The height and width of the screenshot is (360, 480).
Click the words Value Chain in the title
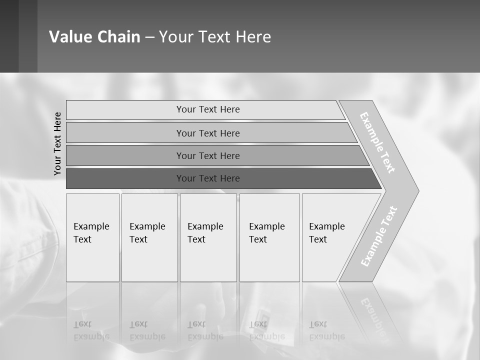94,37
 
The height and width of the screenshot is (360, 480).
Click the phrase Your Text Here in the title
215,37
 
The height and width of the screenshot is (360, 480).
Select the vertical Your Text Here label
57,143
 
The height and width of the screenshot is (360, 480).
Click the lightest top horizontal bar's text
208,109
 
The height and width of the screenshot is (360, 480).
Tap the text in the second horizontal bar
208,133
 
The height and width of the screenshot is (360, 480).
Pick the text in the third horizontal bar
208,156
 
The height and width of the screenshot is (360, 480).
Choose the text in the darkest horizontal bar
208,178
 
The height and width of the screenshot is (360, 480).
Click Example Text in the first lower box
91,233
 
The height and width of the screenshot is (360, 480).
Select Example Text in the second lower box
147,233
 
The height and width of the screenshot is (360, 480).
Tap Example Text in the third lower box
205,233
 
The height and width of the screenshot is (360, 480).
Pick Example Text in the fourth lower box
266,233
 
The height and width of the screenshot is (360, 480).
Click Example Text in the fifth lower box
326,233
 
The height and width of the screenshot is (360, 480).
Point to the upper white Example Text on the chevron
377,142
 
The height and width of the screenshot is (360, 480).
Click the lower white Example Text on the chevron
378,236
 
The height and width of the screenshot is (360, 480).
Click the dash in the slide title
149,37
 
